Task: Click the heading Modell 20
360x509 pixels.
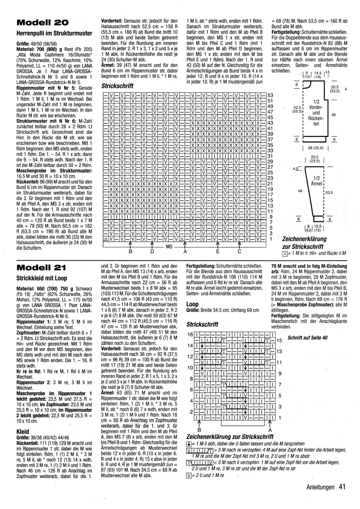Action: click(42, 22)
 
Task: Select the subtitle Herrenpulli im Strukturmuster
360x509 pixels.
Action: click(54, 33)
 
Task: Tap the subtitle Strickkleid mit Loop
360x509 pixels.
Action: click(42, 278)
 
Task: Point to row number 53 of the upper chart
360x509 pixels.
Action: click(270, 96)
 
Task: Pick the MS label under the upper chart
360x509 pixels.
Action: click(169, 247)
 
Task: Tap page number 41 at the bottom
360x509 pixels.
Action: click(341, 487)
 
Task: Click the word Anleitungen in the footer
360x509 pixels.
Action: click(320, 487)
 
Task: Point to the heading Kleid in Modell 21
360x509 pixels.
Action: click(23, 431)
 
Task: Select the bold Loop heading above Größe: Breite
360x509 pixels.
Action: click(192, 304)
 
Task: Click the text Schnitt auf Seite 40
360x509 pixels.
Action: click(307, 337)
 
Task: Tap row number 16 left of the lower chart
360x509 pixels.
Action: click(190, 334)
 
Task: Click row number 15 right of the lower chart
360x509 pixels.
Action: click(279, 340)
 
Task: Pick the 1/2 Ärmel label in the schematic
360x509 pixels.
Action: click(316, 181)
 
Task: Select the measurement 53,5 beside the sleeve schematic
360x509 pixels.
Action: click(329, 193)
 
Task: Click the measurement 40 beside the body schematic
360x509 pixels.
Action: click(334, 115)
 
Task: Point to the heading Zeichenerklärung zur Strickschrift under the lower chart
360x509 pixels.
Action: click(229, 437)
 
